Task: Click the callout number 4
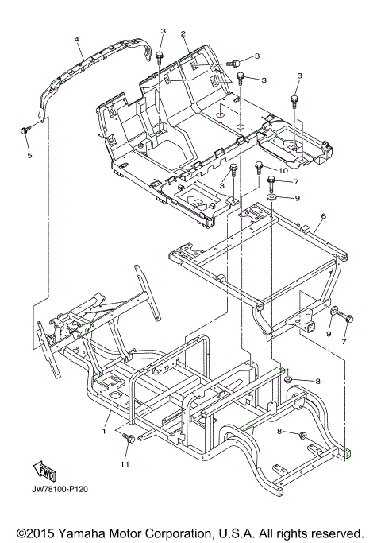pyautogui.click(x=77, y=39)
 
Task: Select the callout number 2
pyautogui.click(x=183, y=33)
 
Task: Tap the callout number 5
pyautogui.click(x=29, y=156)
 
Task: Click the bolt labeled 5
pyautogui.click(x=25, y=130)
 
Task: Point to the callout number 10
pyautogui.click(x=283, y=170)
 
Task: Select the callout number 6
pyautogui.click(x=324, y=216)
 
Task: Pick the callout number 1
pyautogui.click(x=103, y=431)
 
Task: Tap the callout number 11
pyautogui.click(x=125, y=464)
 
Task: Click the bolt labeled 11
pyautogui.click(x=130, y=438)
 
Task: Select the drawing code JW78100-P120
pyautogui.click(x=60, y=489)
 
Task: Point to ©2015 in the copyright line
pyautogui.click(x=36, y=533)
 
